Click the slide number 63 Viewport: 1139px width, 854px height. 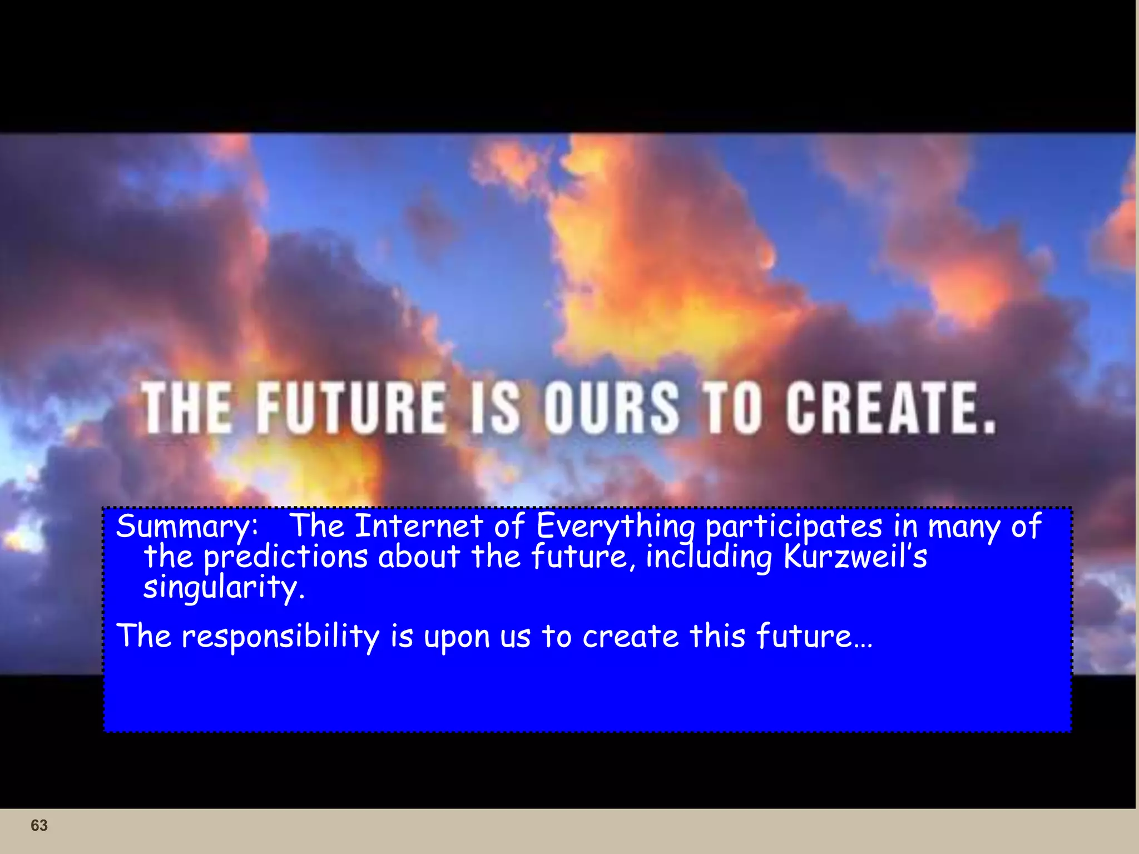click(39, 825)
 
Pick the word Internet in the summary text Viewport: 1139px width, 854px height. click(419, 526)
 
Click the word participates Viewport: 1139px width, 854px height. click(794, 527)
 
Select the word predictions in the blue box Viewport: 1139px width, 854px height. click(285, 557)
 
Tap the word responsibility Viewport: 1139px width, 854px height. click(280, 636)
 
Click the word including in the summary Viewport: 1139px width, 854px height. click(709, 557)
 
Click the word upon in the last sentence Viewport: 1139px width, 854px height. click(456, 637)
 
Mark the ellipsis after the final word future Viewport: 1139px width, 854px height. click(863, 644)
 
